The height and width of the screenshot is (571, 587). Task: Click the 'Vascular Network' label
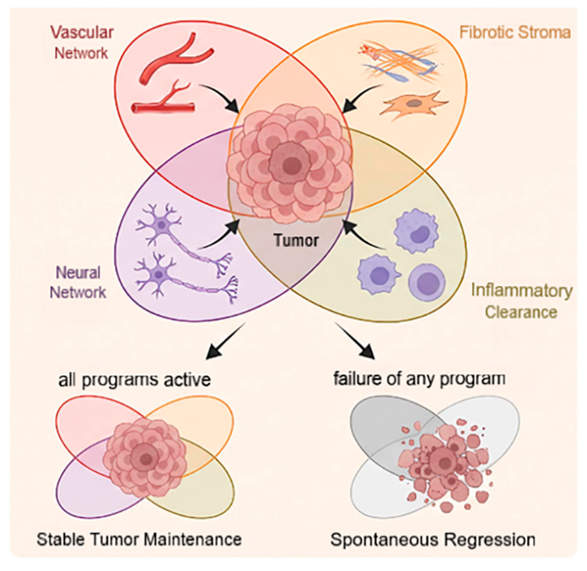pos(82,43)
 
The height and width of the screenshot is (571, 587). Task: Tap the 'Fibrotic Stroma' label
pos(515,33)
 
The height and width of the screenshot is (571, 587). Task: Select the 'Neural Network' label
pos(78,283)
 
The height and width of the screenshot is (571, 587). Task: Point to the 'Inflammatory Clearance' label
pos(521,301)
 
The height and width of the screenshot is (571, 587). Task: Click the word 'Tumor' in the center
pos(296,240)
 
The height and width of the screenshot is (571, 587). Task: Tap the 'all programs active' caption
pos(134,380)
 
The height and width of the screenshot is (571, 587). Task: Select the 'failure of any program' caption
pos(419,379)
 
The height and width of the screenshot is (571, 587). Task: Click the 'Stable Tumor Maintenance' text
pos(139,540)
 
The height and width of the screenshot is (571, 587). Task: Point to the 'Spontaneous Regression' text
pos(433,540)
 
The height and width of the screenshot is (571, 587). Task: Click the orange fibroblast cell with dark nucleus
pos(413,104)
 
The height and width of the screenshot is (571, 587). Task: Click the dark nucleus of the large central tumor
pos(289,164)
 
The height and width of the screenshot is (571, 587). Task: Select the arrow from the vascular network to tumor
pos(220,97)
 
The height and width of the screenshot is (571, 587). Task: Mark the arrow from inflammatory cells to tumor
pos(363,234)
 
